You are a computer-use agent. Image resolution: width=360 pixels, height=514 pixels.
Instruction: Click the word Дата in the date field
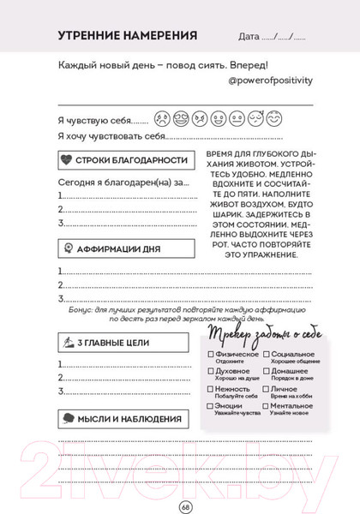pyautogui.click(x=251, y=38)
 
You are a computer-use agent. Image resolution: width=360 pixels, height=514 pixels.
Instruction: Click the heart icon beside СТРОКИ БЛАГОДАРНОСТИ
pyautogui.click(x=65, y=160)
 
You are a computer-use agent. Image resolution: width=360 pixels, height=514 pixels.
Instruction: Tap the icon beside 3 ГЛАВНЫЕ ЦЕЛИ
pyautogui.click(x=65, y=343)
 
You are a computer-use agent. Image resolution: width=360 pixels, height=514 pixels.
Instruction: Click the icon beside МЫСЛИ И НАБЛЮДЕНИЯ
pyautogui.click(x=65, y=419)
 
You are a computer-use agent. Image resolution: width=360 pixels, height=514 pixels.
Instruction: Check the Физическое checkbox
pyautogui.click(x=210, y=355)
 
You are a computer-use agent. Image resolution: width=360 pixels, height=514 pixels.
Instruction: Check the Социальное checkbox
pyautogui.click(x=267, y=355)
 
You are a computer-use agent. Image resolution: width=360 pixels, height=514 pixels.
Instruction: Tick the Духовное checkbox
pyautogui.click(x=210, y=372)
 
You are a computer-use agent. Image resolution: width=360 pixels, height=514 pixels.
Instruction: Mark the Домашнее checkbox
pyautogui.click(x=267, y=372)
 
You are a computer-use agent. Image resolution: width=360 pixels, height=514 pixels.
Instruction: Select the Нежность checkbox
pyautogui.click(x=210, y=389)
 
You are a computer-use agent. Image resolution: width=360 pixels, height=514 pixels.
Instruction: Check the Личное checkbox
pyautogui.click(x=267, y=389)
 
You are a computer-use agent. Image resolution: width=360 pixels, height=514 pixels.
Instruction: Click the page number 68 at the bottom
pyautogui.click(x=184, y=505)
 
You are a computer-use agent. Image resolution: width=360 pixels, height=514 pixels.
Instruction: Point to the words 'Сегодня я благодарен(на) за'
pyautogui.click(x=123, y=182)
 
